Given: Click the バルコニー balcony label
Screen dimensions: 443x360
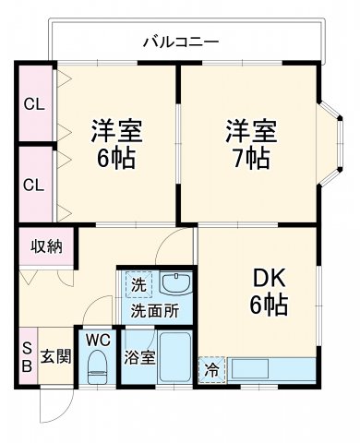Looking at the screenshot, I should pos(181,41).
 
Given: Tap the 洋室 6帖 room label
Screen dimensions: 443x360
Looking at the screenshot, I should pos(114,143).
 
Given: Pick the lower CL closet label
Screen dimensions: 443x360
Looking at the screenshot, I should pos(32,185).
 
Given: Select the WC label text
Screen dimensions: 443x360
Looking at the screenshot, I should pos(98,340).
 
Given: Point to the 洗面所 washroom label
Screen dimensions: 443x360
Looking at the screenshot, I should pos(154,310).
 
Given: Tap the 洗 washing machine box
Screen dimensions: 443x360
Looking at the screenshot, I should pos(137,282).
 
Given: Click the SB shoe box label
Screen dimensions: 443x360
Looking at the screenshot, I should pos(26,354).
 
